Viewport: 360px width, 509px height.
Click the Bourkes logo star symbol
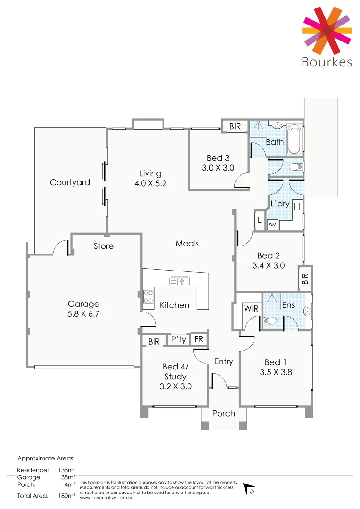pos(327,31)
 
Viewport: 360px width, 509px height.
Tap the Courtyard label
pos(70,182)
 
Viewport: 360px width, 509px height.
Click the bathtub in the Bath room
pos(294,139)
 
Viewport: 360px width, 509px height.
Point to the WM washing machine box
pos(272,225)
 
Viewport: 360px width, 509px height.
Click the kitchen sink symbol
pos(179,281)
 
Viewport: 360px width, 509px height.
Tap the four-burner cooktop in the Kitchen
pos(148,296)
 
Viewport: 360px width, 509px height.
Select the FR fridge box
pos(199,340)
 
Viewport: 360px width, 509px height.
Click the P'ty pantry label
pos(178,340)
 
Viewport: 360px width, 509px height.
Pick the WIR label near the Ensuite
pos(251,309)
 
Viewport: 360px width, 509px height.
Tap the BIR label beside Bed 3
pos(235,127)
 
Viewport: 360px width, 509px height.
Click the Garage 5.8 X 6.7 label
pos(83,309)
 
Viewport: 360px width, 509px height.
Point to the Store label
pos(104,246)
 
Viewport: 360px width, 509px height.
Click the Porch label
pos(224,413)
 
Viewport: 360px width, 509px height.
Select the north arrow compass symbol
pos(250,490)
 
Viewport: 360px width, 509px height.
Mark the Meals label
pos(187,244)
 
